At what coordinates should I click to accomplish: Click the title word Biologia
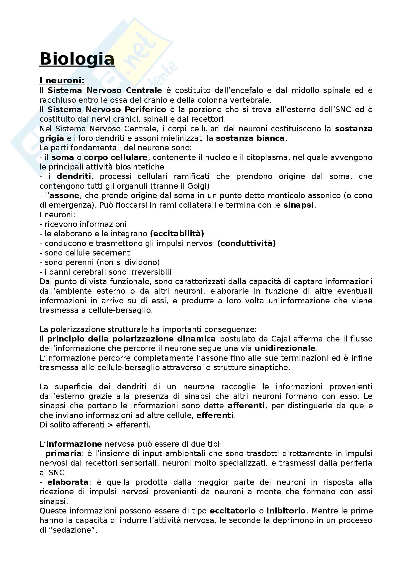[77, 59]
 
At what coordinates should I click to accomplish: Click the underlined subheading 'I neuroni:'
[62, 81]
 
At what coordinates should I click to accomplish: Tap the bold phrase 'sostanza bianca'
[250, 138]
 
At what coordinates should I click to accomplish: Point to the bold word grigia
[52, 138]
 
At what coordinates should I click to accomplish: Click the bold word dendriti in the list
[74, 176]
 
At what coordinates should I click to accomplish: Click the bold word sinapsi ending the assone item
[298, 205]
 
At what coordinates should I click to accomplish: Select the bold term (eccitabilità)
[177, 234]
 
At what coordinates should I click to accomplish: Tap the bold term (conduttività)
[246, 243]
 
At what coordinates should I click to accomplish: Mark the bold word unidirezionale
[285, 348]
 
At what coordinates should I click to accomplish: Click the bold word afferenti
[246, 406]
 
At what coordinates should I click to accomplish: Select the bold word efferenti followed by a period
[215, 415]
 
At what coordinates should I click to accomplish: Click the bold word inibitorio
[286, 511]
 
